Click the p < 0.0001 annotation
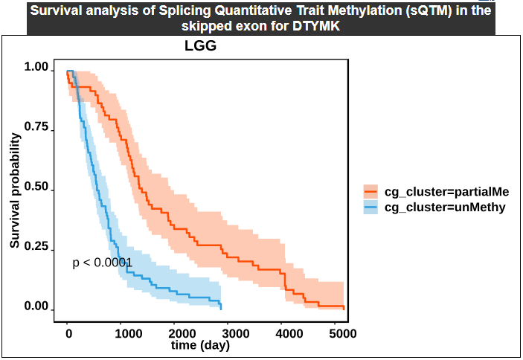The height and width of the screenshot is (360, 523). [x=102, y=262]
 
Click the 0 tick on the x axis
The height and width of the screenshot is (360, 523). [x=68, y=333]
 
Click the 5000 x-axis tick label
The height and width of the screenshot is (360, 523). [x=343, y=333]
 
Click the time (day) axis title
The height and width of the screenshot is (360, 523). [x=200, y=345]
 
